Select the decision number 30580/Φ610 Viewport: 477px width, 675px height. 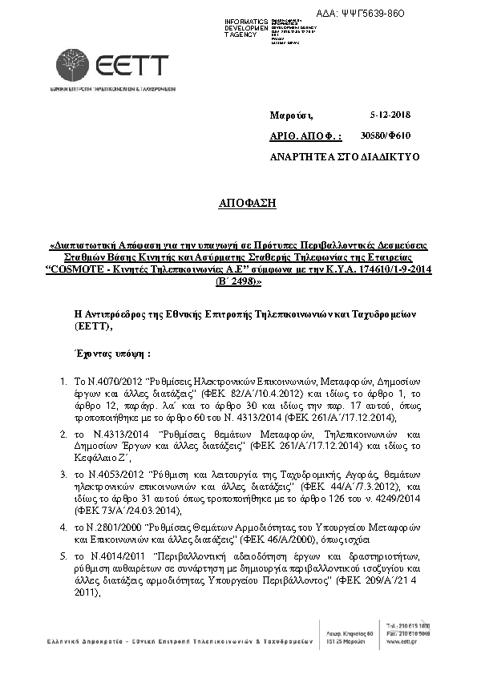tap(386, 136)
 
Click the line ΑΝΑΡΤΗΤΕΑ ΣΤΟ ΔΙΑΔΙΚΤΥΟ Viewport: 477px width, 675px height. tap(346, 157)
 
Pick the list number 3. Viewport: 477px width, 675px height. tap(63, 475)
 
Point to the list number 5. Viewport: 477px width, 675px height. tap(63, 556)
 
